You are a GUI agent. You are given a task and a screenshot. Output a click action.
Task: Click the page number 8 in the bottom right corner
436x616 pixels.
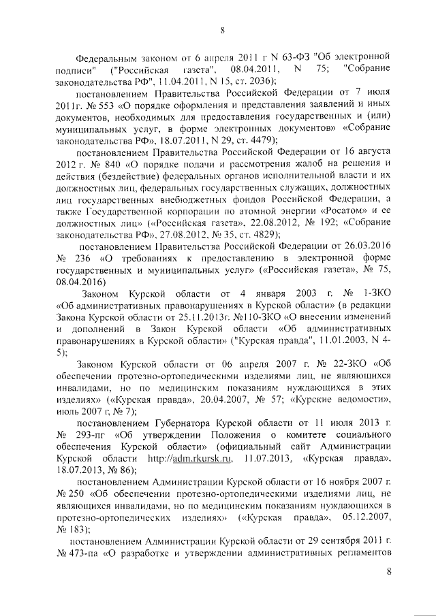pos(390,572)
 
